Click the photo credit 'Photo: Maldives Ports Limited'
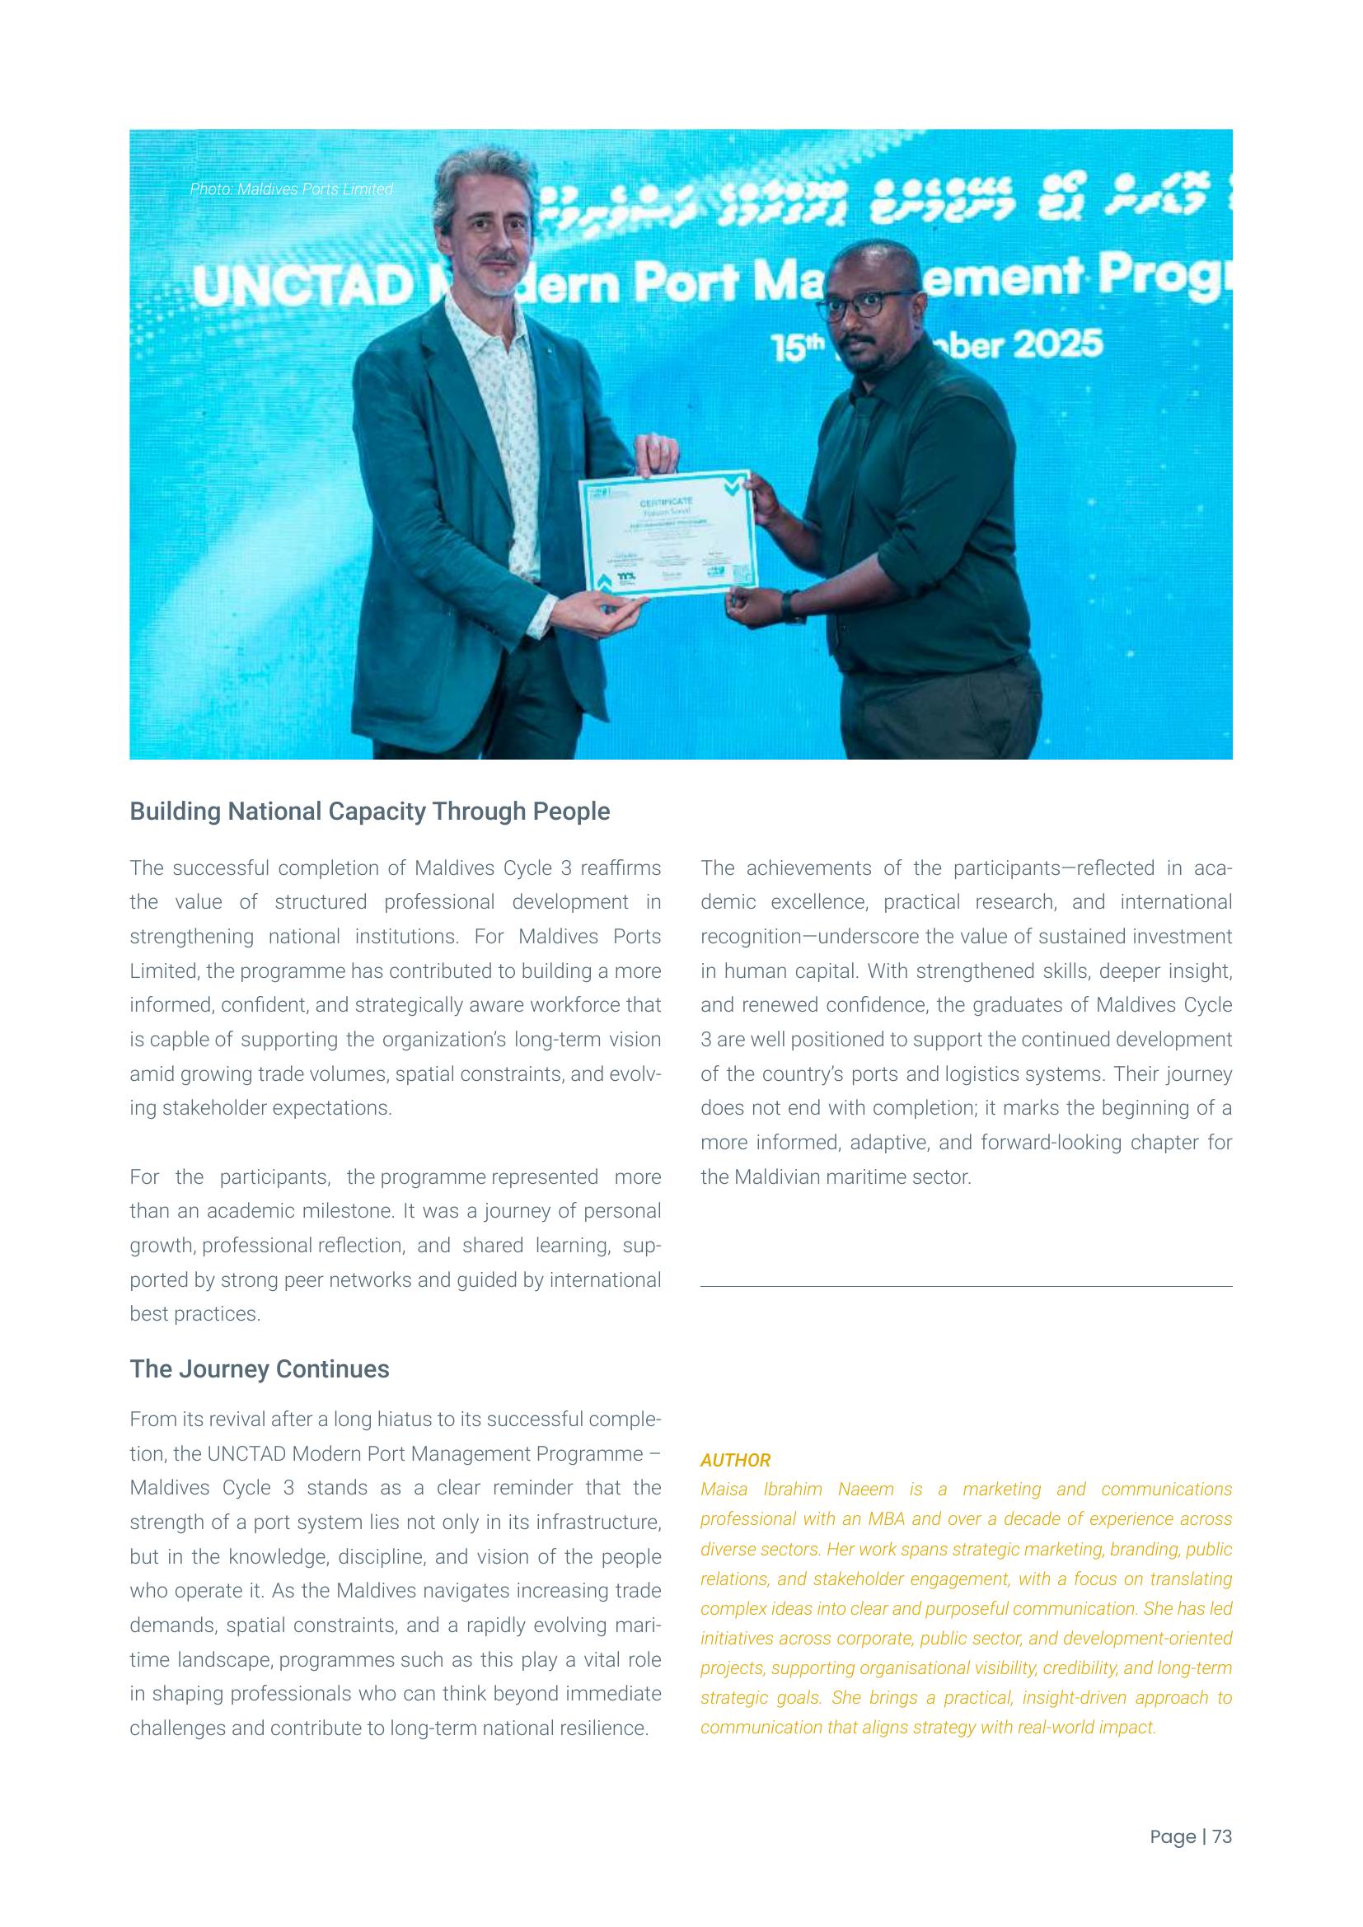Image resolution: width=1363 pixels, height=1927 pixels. click(x=290, y=189)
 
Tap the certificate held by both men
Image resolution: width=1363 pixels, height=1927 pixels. click(x=668, y=535)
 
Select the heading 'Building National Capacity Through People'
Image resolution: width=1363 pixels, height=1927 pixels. click(x=369, y=811)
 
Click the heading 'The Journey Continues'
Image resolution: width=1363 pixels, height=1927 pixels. click(x=260, y=1369)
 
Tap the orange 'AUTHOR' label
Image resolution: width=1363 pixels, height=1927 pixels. click(x=735, y=1460)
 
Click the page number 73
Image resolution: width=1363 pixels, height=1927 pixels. click(x=1222, y=1836)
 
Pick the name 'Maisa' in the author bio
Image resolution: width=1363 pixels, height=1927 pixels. click(x=724, y=1489)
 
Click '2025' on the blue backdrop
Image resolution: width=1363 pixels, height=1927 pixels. click(x=1056, y=345)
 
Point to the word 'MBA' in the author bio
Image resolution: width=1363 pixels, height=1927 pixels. click(x=885, y=1518)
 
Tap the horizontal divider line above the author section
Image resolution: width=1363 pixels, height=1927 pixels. click(x=965, y=1286)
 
